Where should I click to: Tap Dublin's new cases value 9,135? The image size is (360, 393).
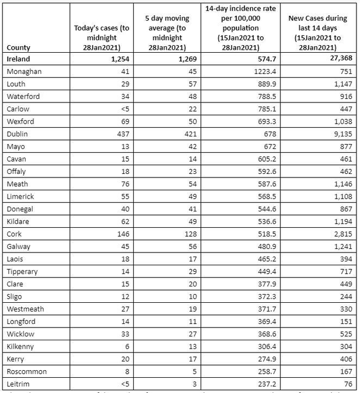coord(341,134)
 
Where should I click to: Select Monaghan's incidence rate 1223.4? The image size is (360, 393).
coord(259,71)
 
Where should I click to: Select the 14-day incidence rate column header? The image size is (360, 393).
coord(242,28)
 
